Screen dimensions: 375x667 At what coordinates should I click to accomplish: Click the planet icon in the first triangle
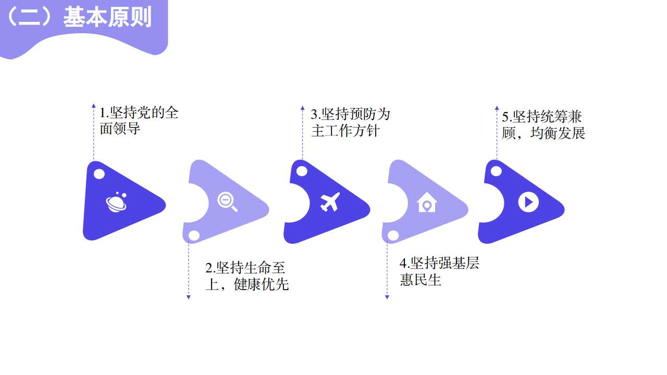[116, 203]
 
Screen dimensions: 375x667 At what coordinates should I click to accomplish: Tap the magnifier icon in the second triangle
[227, 202]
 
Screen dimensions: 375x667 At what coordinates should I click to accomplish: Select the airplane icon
[330, 202]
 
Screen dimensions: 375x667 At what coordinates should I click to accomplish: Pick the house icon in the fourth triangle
[427, 202]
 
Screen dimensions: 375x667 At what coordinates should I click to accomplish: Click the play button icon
[528, 202]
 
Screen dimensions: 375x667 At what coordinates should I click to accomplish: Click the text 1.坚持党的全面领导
[139, 120]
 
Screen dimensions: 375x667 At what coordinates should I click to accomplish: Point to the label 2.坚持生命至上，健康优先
[246, 276]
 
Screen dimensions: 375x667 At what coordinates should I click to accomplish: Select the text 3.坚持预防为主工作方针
[350, 122]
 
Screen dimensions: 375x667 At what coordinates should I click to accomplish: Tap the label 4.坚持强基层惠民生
[439, 271]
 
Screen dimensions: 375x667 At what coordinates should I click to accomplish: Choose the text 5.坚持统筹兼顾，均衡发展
[543, 125]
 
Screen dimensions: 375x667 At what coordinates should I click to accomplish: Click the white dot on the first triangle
[99, 174]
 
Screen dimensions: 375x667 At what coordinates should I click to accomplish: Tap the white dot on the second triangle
[194, 236]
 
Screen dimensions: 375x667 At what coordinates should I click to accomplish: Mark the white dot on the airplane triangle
[302, 171]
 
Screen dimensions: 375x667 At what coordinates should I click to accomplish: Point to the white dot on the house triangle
[393, 236]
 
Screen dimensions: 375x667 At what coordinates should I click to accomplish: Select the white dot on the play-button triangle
[496, 171]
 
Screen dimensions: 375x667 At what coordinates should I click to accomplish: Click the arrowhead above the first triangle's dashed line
[94, 106]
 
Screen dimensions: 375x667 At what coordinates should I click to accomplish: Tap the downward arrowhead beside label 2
[189, 297]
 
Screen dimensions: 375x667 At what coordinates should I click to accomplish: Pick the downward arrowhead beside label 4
[387, 297]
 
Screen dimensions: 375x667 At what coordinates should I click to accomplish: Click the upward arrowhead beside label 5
[497, 108]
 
